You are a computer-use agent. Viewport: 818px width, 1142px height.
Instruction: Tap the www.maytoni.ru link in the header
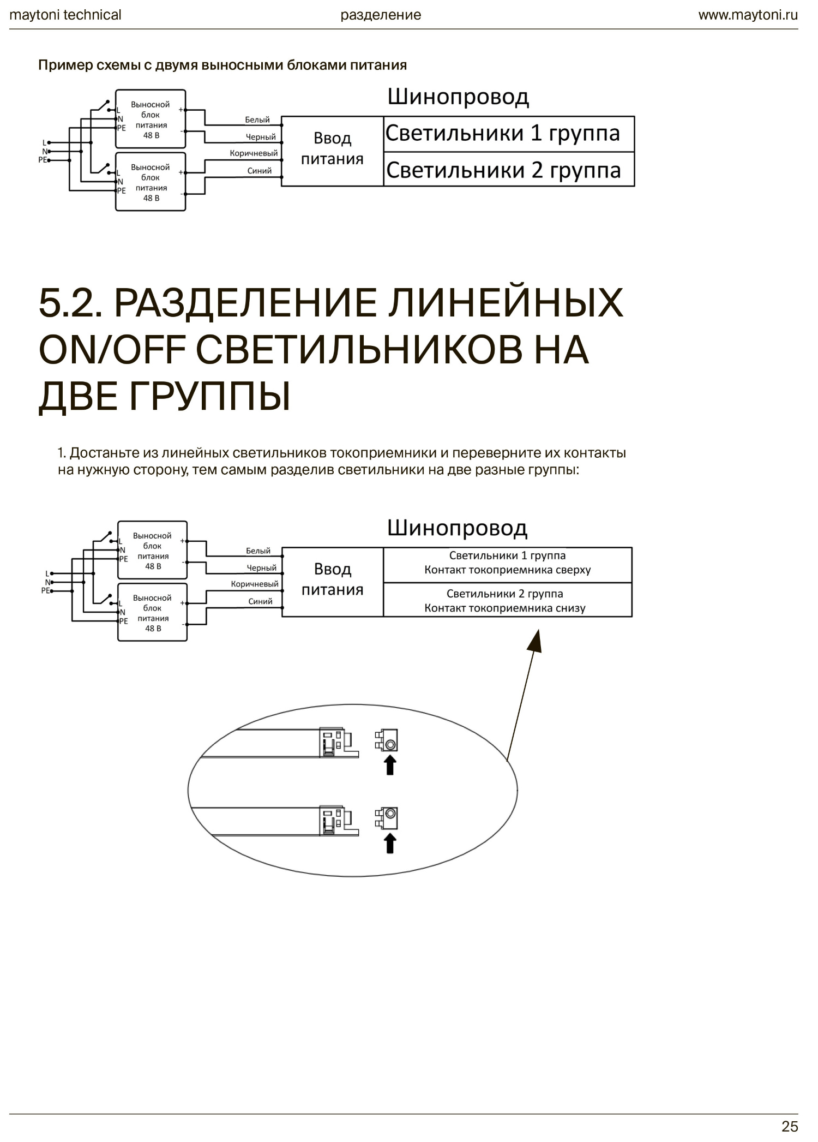(748, 15)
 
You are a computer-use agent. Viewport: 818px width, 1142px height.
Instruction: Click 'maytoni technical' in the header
(65, 15)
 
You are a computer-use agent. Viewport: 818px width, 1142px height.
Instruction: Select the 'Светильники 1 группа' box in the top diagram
(509, 134)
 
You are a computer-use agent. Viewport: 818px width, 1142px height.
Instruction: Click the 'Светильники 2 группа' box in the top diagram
(509, 170)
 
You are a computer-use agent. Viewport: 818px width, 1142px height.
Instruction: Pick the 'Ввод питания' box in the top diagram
(332, 149)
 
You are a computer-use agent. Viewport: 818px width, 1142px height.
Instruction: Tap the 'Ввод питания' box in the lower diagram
(332, 580)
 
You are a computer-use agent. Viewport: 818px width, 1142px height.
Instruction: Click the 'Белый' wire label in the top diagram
(257, 119)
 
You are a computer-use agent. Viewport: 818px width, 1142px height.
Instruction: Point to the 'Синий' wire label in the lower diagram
(260, 601)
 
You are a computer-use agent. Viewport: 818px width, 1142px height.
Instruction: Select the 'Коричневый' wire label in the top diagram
(254, 153)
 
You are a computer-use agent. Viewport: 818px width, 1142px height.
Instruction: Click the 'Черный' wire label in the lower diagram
(262, 568)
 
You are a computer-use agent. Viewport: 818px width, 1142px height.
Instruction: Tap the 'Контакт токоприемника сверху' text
(507, 570)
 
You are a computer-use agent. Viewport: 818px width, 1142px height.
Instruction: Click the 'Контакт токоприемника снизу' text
(505, 608)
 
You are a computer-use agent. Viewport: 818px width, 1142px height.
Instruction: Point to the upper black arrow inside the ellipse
(390, 765)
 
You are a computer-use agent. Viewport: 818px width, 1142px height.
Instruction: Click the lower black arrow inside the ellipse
(390, 843)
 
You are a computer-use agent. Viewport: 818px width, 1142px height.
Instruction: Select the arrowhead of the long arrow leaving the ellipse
(536, 640)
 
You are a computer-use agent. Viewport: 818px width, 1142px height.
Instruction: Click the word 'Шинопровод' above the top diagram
(458, 97)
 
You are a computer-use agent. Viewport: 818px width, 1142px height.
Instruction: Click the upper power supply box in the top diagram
(151, 119)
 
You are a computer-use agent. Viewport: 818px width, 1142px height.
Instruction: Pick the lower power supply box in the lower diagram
(153, 612)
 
